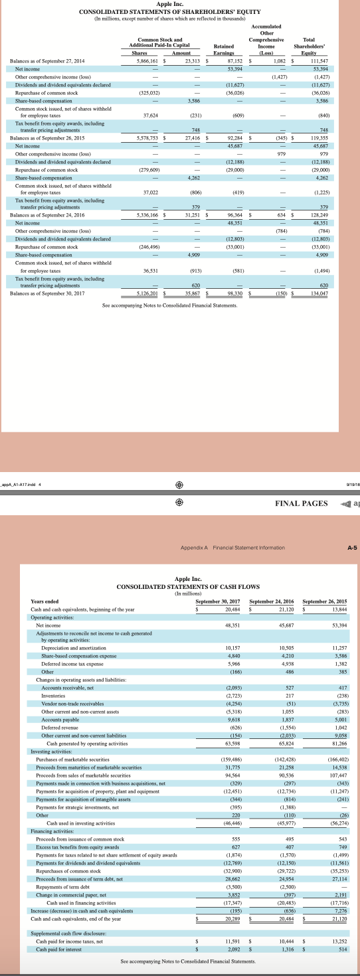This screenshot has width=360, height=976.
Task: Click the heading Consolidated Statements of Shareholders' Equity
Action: click(169, 13)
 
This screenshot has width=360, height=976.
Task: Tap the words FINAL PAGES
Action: click(301, 503)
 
